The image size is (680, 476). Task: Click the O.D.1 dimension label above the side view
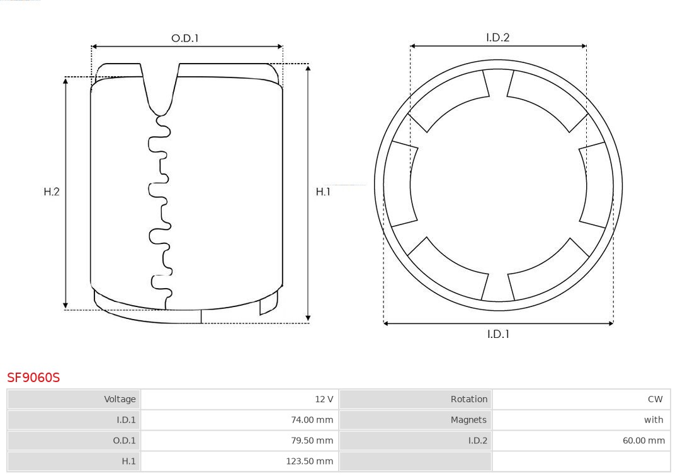click(184, 38)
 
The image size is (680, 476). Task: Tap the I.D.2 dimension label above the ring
click(498, 37)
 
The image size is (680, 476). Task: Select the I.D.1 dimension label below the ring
click(498, 334)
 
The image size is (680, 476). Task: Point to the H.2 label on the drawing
click(52, 192)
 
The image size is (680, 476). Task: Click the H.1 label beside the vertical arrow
click(323, 192)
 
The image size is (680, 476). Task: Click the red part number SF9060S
click(33, 378)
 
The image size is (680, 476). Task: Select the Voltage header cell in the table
click(74, 399)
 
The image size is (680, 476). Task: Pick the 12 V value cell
click(240, 399)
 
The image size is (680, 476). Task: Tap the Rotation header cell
click(416, 399)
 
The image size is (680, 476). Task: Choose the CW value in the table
click(655, 399)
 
